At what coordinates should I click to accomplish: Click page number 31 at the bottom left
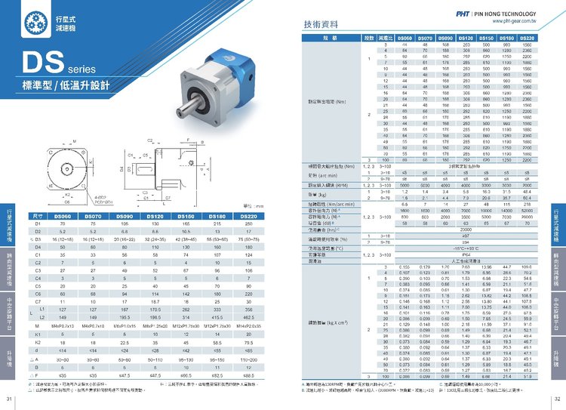point(9,399)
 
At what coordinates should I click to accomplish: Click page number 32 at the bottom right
point(557,399)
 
